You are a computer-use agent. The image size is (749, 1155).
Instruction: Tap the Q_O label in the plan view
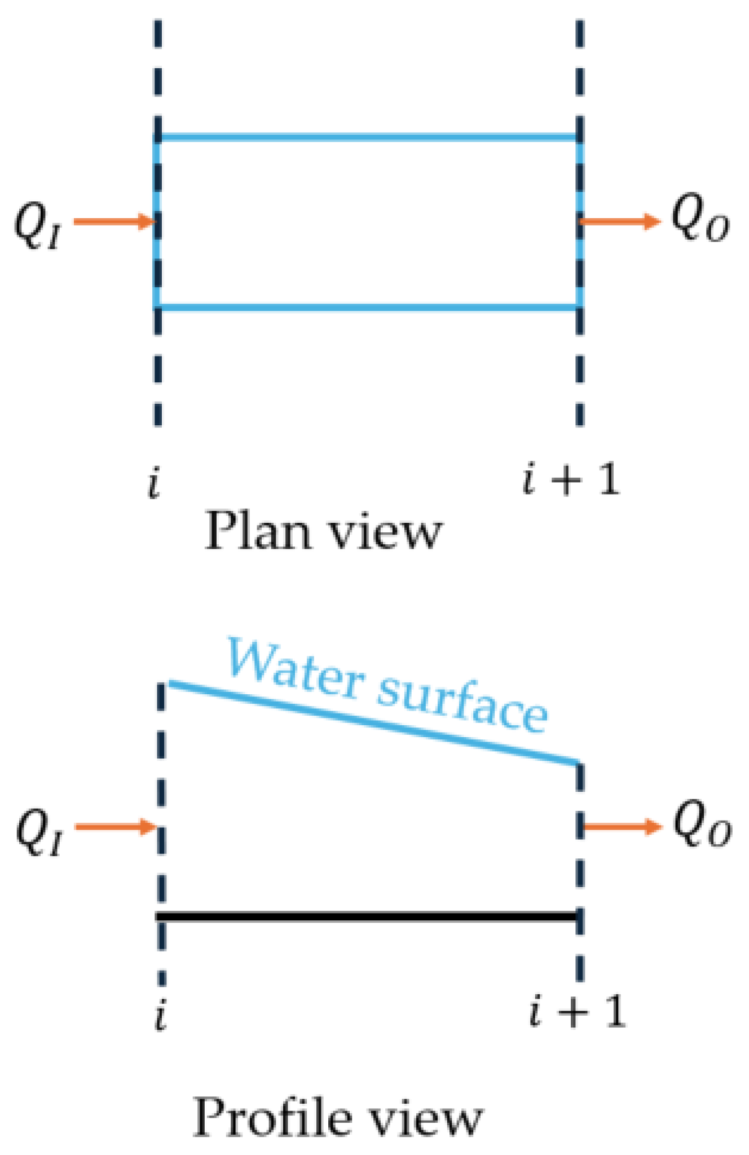699,222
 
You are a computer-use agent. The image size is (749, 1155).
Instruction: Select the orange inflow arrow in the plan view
113,222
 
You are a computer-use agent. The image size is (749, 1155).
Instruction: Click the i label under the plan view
154,484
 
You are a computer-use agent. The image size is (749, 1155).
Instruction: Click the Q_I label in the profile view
39,832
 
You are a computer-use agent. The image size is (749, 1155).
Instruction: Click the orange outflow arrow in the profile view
620,827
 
